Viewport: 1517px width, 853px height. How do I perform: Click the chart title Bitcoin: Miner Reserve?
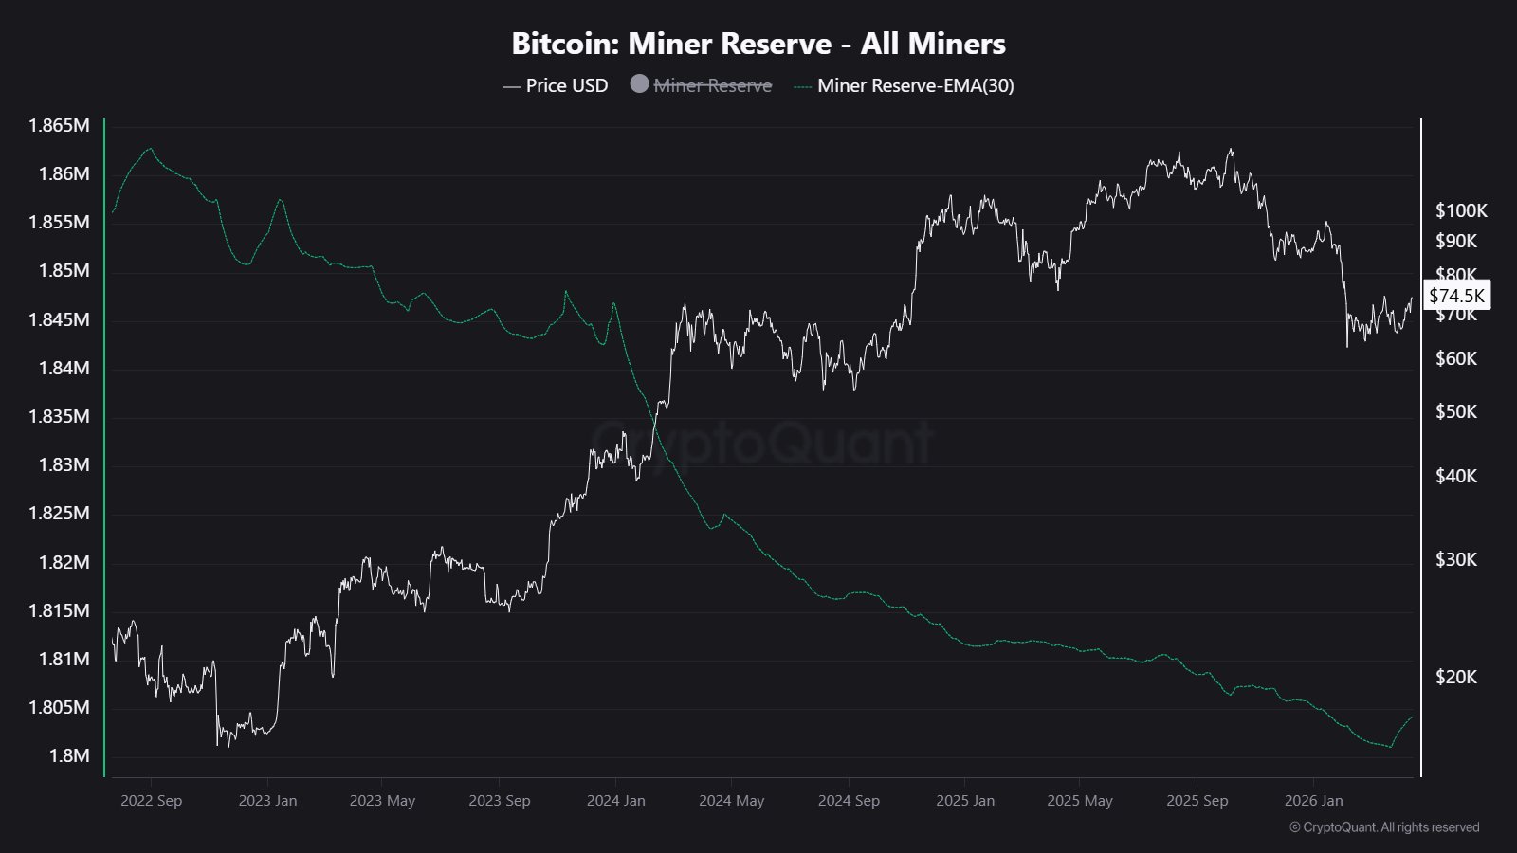click(758, 44)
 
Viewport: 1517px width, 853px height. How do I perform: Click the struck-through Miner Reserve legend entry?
click(713, 85)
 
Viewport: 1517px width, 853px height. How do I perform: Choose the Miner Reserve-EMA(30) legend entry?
click(915, 85)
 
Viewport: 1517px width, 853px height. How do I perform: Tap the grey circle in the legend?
click(639, 84)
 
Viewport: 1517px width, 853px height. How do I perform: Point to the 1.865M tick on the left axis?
click(59, 125)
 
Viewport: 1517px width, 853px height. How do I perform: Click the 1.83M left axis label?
click(64, 464)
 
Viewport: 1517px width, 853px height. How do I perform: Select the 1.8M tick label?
click(69, 755)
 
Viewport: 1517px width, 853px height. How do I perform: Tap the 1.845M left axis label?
click(59, 319)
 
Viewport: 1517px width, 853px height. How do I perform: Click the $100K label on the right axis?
click(1461, 210)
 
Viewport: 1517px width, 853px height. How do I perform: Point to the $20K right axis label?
click(1456, 677)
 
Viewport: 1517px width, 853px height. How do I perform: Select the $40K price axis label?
click(1456, 476)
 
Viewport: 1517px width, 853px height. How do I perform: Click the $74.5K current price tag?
click(1456, 296)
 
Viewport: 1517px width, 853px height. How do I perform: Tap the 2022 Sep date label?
click(151, 800)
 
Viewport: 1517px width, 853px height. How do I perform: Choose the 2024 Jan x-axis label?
click(615, 800)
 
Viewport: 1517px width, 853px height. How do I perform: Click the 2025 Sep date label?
click(1197, 800)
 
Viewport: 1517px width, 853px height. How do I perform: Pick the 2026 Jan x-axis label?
click(1313, 800)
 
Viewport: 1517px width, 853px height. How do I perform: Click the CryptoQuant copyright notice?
click(1384, 827)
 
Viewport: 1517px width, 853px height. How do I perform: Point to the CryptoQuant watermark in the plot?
click(763, 442)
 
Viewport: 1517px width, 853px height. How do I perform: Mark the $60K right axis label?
click(1456, 358)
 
